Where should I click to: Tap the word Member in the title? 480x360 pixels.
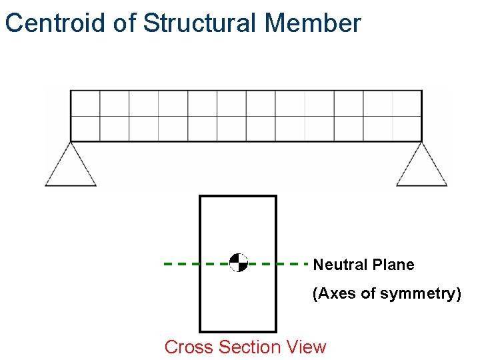(x=313, y=23)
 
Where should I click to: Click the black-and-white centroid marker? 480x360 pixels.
(x=238, y=263)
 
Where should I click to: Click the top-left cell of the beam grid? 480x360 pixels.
(x=85, y=103)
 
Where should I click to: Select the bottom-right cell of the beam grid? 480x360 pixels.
(x=407, y=129)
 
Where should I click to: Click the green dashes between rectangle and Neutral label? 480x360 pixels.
(x=292, y=263)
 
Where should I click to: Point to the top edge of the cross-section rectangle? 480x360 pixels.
(x=238, y=196)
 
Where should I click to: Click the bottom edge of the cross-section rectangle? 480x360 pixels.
(x=238, y=331)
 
